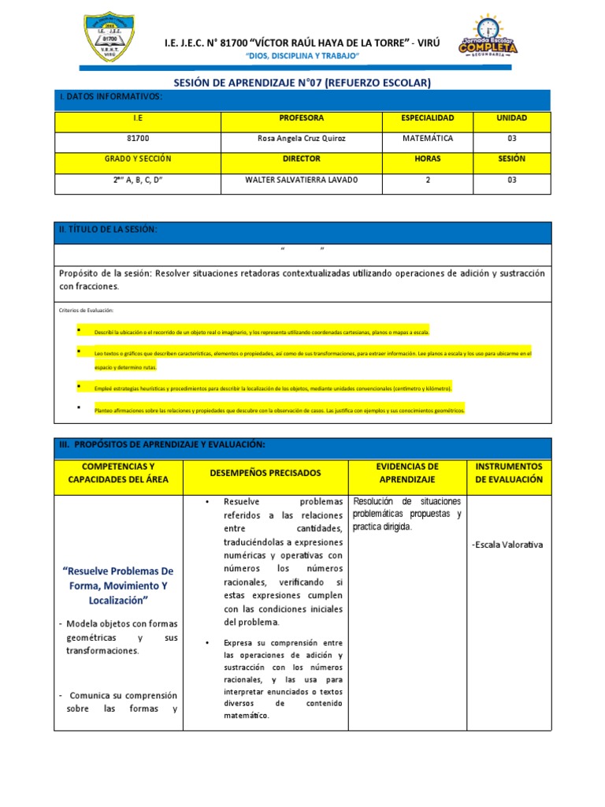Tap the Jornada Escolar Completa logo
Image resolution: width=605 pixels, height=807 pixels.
[x=488, y=37]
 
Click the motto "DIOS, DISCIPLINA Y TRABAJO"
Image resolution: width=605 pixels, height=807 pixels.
[x=302, y=58]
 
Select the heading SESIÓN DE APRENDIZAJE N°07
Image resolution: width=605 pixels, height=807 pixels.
[x=302, y=83]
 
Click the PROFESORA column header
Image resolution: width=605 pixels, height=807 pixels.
[x=302, y=118]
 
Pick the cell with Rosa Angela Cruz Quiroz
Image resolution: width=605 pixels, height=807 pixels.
[x=302, y=139]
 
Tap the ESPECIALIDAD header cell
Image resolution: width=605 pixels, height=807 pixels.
[x=427, y=118]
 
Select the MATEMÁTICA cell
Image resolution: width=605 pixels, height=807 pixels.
[x=427, y=139]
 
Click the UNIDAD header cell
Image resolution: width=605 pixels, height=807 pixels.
[x=511, y=118]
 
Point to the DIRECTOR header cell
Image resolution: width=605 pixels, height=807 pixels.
[x=302, y=159]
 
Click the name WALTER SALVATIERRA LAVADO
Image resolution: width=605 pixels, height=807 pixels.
[x=302, y=180]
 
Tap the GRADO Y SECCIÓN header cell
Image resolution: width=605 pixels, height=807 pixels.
[x=138, y=159]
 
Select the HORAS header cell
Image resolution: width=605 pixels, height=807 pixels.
[x=427, y=159]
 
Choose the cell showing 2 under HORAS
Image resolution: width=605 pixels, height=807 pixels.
[x=427, y=180]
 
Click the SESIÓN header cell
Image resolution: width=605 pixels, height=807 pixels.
[x=511, y=159]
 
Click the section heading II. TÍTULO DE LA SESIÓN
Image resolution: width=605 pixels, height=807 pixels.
[x=108, y=229]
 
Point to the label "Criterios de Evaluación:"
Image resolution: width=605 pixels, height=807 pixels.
[x=87, y=311]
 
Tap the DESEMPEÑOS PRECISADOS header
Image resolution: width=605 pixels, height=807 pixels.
[x=265, y=473]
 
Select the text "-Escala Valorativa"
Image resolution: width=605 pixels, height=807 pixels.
[x=507, y=545]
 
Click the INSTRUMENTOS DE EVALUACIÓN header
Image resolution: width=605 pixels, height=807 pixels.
[x=509, y=473]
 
